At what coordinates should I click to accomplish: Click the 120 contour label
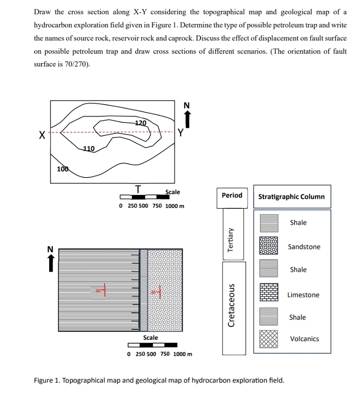(141, 123)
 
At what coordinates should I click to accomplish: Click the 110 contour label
(89, 148)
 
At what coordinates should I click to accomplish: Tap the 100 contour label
(62, 169)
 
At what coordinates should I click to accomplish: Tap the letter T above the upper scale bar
(138, 189)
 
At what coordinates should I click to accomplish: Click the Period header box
(232, 196)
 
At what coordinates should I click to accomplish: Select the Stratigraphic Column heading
(292, 197)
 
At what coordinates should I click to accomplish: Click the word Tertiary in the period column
(231, 239)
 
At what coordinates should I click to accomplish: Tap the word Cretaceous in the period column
(232, 306)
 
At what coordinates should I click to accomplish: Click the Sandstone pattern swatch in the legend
(268, 246)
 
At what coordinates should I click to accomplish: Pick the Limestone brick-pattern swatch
(268, 293)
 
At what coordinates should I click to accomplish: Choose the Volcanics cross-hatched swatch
(268, 339)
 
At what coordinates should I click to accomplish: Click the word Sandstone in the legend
(304, 247)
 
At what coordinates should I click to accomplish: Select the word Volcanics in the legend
(304, 339)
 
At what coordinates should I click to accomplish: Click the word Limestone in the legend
(303, 295)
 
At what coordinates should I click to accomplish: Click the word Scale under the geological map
(150, 337)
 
